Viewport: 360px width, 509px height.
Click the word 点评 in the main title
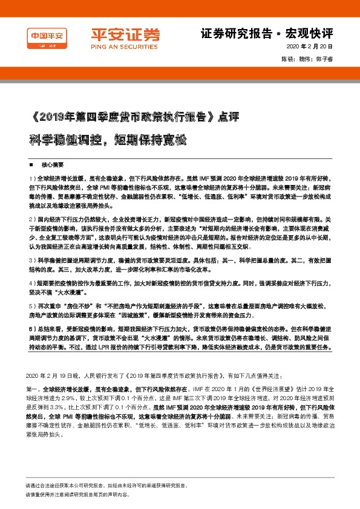pos(229,117)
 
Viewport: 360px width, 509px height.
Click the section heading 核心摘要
pos(52,164)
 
